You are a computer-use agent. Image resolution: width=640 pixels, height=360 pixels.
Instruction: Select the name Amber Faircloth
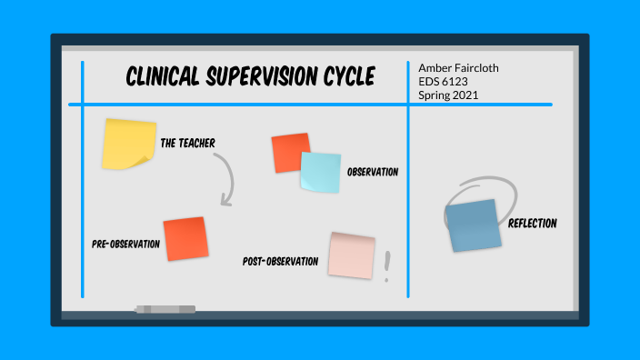click(x=459, y=68)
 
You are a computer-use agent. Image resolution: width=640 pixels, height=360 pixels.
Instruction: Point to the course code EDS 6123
click(x=443, y=82)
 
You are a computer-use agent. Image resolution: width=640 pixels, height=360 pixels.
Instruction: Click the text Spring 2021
click(x=449, y=95)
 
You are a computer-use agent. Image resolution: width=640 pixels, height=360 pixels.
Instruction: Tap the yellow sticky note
click(x=126, y=144)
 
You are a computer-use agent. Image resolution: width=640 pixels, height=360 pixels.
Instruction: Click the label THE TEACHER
click(x=187, y=143)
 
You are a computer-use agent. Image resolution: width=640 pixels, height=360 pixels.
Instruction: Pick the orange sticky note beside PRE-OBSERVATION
click(x=185, y=238)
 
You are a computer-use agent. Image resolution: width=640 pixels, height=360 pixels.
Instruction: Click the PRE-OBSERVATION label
click(x=125, y=244)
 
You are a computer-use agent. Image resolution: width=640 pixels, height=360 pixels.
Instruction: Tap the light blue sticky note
click(x=320, y=172)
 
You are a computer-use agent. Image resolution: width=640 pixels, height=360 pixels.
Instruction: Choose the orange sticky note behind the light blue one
click(x=289, y=150)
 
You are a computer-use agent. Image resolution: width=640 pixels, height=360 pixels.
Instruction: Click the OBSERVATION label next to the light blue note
click(x=373, y=172)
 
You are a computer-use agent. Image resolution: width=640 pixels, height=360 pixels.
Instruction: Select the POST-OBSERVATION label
click(x=280, y=262)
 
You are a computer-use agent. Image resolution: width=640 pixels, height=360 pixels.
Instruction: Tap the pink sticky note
click(x=352, y=255)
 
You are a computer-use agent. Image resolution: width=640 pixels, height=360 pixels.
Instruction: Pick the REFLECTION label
click(x=533, y=224)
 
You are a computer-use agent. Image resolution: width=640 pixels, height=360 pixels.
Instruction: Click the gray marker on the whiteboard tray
click(x=165, y=310)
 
